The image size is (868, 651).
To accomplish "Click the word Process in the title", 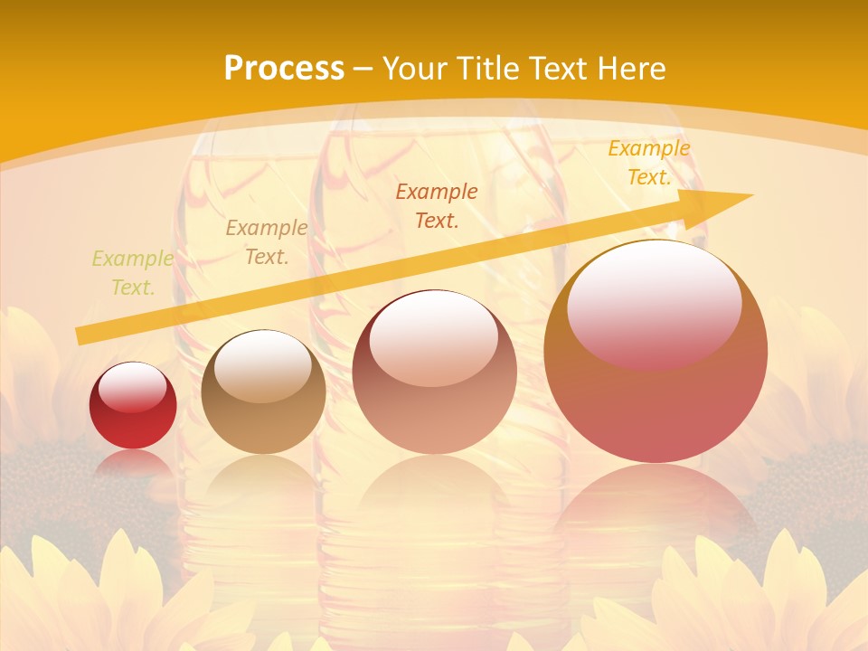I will coord(284,69).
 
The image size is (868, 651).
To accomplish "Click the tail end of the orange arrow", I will coord(80,335).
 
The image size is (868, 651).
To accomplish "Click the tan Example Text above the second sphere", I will coord(267,242).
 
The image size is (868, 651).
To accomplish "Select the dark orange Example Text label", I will coord(437,205).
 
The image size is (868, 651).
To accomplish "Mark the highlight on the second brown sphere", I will coord(263,366).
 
